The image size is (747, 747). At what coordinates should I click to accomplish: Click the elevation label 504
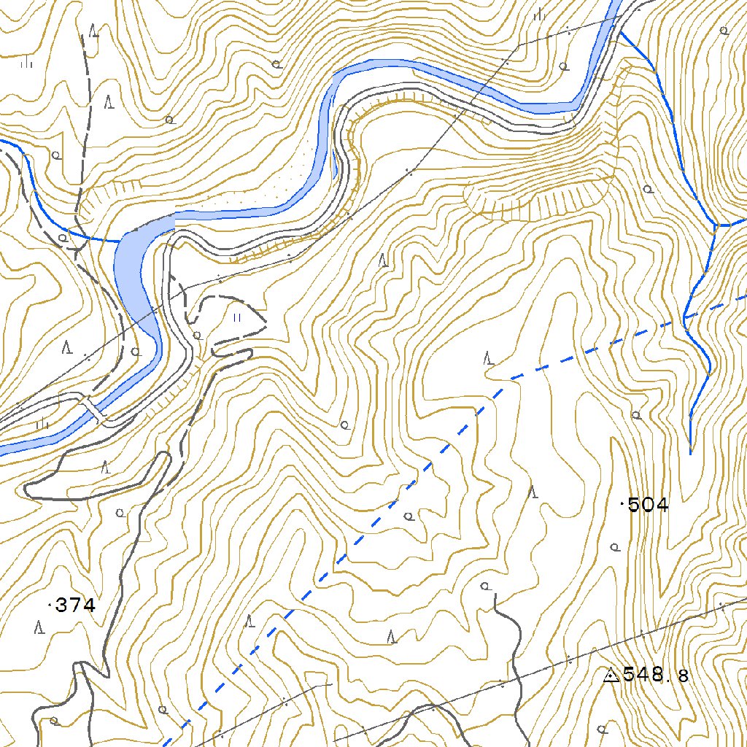[x=648, y=505]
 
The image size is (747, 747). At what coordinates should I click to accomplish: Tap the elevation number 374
[x=76, y=605]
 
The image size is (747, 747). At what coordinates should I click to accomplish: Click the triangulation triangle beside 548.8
[x=611, y=676]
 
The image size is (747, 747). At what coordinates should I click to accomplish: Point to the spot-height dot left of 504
[x=622, y=504]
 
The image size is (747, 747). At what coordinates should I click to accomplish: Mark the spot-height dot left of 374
[x=50, y=605]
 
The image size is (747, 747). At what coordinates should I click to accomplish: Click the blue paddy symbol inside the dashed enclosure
[x=236, y=318]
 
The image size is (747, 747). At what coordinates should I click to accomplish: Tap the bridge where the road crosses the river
[x=93, y=410]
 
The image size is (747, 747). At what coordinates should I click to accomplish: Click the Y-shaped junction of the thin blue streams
[x=715, y=225]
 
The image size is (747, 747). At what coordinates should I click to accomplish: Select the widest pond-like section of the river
[x=135, y=263]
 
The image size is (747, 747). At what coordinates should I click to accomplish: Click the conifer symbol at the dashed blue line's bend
[x=488, y=358]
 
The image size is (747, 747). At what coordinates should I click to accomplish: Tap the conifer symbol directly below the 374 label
[x=40, y=627]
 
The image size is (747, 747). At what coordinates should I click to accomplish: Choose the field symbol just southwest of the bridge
[x=42, y=422]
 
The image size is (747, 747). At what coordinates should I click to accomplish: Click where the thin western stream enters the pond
[x=118, y=240]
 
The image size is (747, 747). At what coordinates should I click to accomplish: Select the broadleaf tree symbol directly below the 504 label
[x=615, y=546]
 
